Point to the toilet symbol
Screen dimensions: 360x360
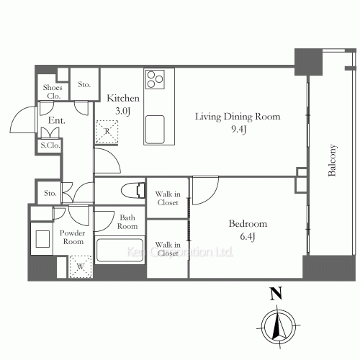[132, 192]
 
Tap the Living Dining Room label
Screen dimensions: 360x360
[238, 116]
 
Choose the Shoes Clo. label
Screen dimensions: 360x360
[54, 91]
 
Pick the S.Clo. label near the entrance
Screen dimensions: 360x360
[50, 145]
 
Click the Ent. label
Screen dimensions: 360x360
[57, 121]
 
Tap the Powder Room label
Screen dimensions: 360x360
[73, 237]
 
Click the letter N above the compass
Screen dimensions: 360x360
[274, 293]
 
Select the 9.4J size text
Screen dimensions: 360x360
[238, 130]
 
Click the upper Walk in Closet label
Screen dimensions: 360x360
[168, 197]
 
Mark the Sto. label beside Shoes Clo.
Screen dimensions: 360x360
[84, 84]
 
